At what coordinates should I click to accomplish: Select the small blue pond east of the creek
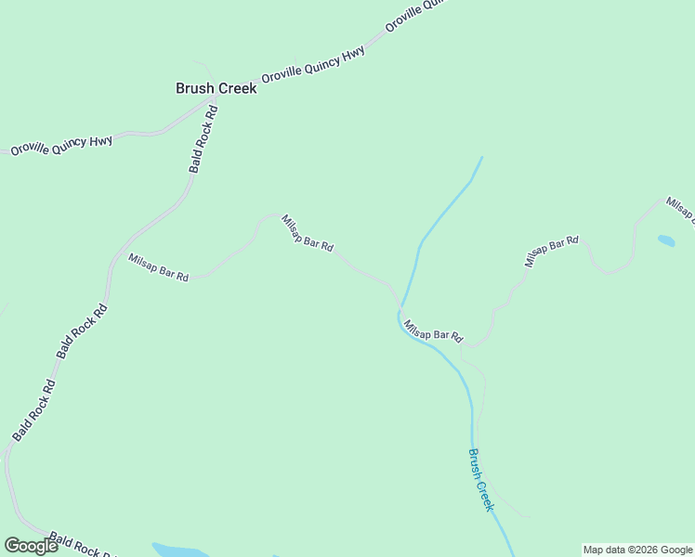pos(666,240)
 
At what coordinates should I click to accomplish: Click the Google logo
pos(31,545)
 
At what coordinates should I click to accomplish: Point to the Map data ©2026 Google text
pos(637,550)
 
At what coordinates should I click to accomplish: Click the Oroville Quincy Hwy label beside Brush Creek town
pos(313,64)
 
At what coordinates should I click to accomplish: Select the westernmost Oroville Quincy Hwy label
pos(61,144)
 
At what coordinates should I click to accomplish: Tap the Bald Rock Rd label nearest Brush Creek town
pos(203,138)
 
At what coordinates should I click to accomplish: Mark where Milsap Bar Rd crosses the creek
pos(400,305)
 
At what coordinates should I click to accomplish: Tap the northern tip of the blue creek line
pos(481,158)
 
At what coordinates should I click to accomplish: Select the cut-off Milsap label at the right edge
pos(679,209)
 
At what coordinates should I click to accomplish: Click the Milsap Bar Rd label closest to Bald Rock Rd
pos(159,267)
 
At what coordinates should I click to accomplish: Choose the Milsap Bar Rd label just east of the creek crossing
pos(433,328)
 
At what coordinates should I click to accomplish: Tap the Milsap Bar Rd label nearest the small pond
pos(551,252)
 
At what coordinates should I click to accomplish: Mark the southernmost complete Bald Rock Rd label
pos(33,410)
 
